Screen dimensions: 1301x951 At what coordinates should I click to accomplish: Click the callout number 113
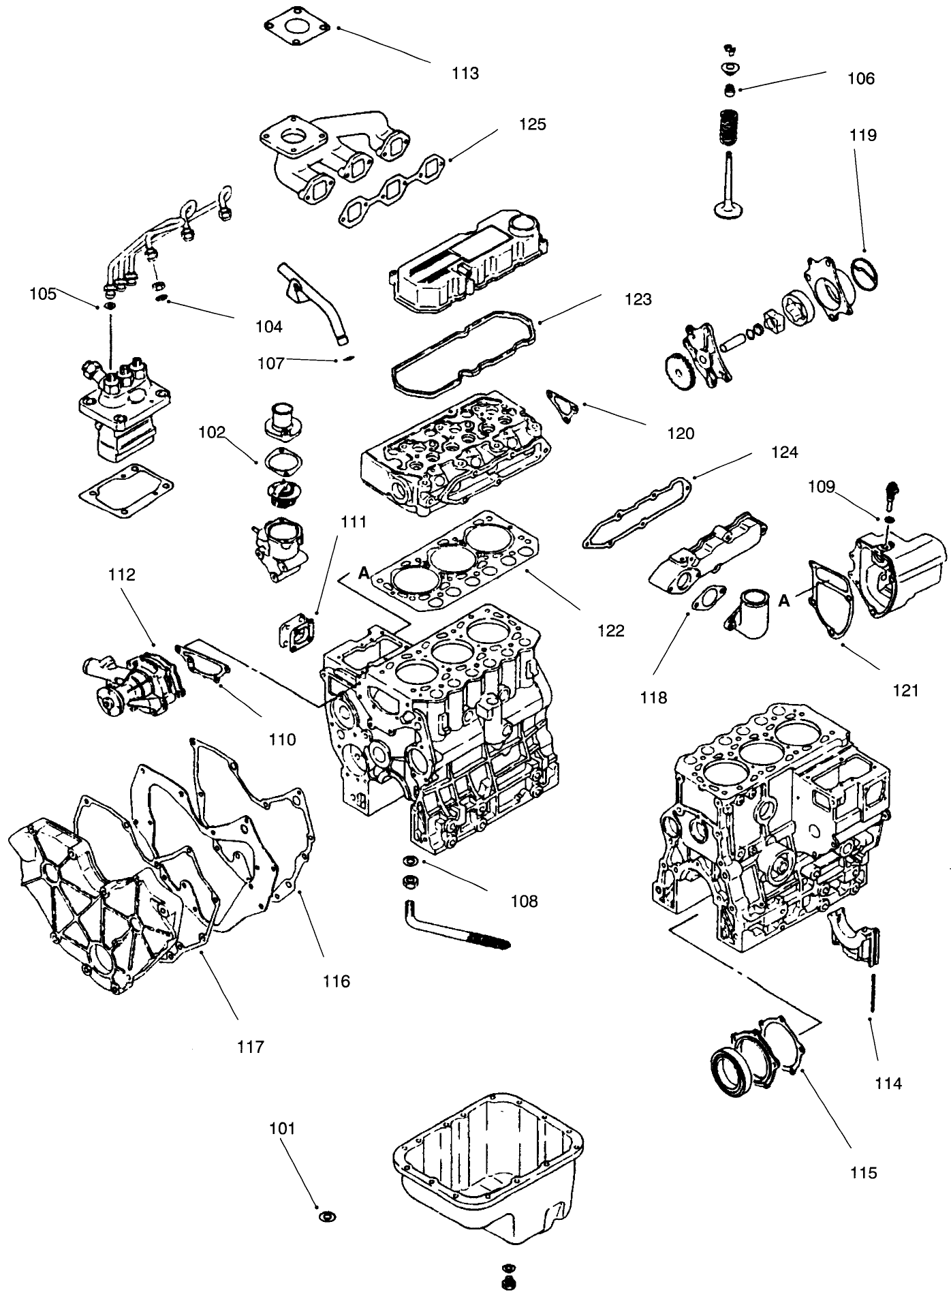tap(465, 74)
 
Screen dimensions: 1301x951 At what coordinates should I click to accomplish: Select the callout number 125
tap(532, 124)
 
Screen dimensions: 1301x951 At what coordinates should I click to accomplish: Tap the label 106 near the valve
tap(860, 78)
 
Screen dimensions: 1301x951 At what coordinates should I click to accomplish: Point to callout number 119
tap(862, 135)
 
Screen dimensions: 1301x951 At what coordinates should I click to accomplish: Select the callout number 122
tap(610, 631)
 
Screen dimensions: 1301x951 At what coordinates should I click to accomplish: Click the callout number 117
tap(250, 1047)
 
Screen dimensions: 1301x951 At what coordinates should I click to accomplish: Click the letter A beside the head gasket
tap(364, 573)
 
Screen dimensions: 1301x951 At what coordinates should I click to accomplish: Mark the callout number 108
tap(524, 901)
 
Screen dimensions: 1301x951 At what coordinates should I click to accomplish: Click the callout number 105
tap(43, 294)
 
